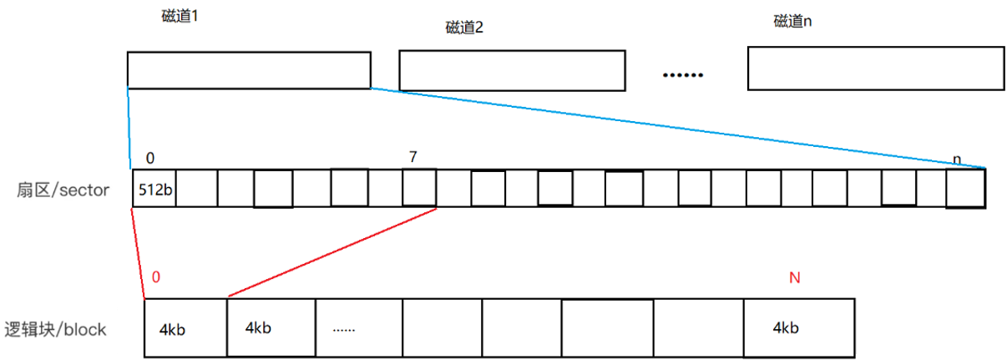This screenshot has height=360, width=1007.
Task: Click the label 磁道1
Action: (x=180, y=16)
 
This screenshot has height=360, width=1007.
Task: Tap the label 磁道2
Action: (x=464, y=28)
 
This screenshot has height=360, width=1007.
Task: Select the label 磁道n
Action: (x=792, y=22)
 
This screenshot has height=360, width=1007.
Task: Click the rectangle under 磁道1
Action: (x=249, y=70)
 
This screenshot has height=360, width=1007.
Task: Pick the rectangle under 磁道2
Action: (x=512, y=70)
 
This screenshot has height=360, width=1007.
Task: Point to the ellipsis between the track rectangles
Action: (x=683, y=74)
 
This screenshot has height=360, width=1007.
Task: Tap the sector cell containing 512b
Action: (x=154, y=189)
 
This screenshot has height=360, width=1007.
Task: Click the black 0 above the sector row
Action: (x=149, y=157)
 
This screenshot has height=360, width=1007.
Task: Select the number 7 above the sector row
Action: (x=413, y=156)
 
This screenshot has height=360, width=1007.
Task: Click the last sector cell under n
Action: (x=965, y=188)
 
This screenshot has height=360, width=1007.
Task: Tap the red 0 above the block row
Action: (x=156, y=276)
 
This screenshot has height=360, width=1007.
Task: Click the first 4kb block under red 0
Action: (x=185, y=328)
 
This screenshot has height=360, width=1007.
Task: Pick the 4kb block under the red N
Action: (x=798, y=328)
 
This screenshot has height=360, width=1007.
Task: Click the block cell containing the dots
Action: (x=359, y=328)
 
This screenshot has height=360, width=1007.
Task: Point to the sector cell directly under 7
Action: (x=419, y=188)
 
